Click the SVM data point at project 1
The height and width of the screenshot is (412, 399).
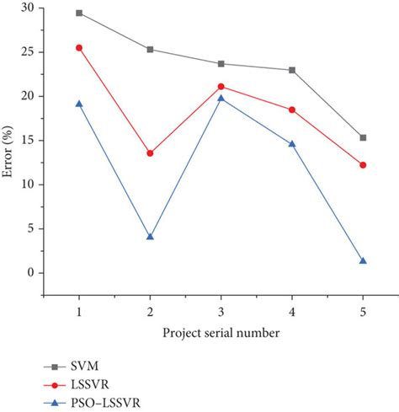coord(79,13)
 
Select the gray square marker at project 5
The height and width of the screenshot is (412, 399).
coord(363,137)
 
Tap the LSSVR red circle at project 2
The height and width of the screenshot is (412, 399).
coord(150,153)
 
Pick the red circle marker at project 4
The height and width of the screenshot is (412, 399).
coord(292,110)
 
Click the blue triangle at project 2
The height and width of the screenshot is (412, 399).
coord(150,237)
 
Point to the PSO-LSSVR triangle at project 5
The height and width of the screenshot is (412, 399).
coord(363,261)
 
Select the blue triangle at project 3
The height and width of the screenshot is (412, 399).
coord(221,98)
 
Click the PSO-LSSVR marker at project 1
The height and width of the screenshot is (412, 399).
coord(79,104)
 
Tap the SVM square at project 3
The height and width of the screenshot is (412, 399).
coord(221,63)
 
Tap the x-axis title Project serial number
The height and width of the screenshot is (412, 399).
coord(221,334)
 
